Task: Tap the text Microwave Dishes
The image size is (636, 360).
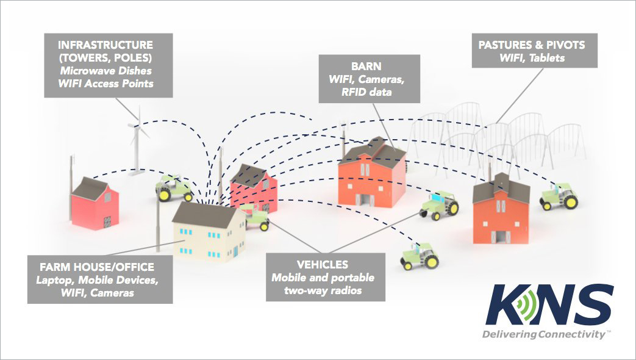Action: coord(107,71)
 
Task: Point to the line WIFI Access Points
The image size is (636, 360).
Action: coord(107,84)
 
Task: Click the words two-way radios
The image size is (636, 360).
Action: coord(326,290)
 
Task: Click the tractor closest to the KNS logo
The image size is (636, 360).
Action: coord(420,256)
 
